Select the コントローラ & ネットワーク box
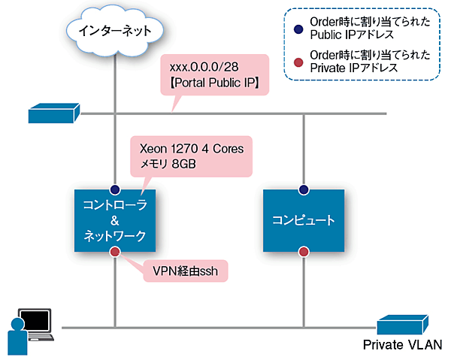click(115, 220)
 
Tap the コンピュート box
click(304, 220)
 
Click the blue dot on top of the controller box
click(115, 189)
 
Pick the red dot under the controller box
click(115, 251)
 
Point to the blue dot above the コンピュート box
click(304, 189)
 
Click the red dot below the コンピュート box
click(304, 251)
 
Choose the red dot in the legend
click(298, 59)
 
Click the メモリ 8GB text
click(165, 165)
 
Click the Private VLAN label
click(404, 346)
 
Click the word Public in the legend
click(328, 34)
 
